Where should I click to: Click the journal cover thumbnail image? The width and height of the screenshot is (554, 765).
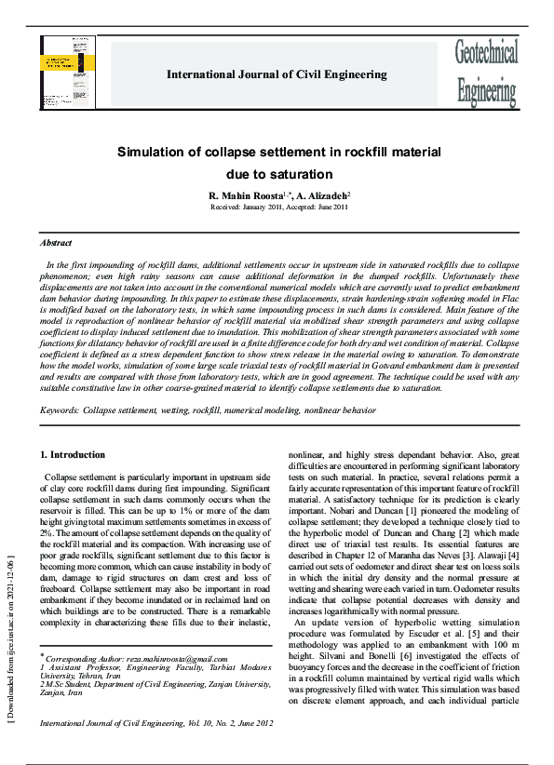pyautogui.click(x=67, y=72)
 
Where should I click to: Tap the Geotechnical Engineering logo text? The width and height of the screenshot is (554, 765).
pyautogui.click(x=486, y=73)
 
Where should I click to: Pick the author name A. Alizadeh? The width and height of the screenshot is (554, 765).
pyautogui.click(x=323, y=196)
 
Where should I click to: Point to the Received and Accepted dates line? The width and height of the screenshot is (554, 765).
pyautogui.click(x=279, y=208)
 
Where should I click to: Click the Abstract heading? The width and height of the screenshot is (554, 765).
pyautogui.click(x=56, y=242)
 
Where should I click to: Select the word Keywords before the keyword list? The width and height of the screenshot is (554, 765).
pyautogui.click(x=60, y=410)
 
